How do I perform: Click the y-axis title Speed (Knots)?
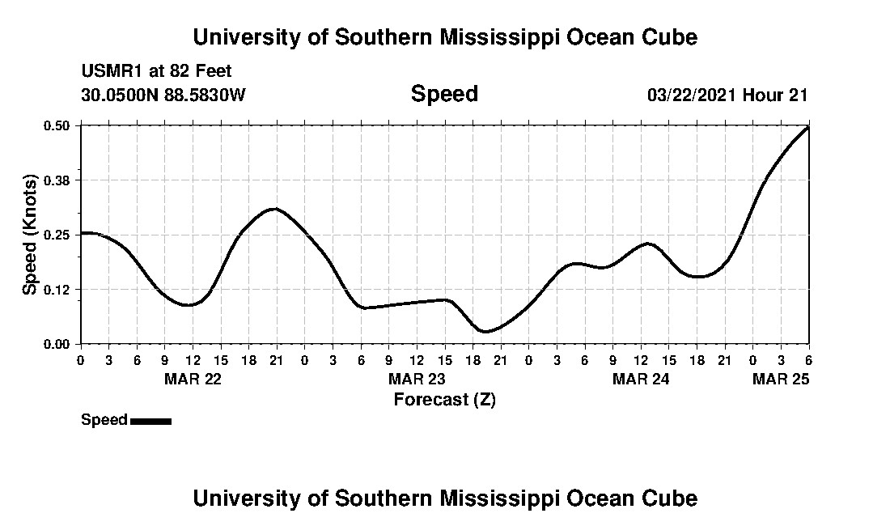pos(30,234)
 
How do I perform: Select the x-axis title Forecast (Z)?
pos(444,399)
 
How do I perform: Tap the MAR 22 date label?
pos(193,379)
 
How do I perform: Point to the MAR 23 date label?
pos(417,379)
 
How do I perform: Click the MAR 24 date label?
pos(641,379)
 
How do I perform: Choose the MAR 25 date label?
pos(781,379)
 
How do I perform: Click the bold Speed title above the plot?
pos(444,94)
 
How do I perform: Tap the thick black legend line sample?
pos(150,421)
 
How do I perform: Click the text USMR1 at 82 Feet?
pos(156,72)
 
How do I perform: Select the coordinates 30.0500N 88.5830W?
pos(163,95)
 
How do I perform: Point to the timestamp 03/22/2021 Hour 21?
pos(727,95)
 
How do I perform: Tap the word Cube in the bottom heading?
pos(670,498)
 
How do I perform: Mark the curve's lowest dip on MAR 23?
pos(485,331)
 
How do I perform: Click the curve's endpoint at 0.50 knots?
pos(807,127)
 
